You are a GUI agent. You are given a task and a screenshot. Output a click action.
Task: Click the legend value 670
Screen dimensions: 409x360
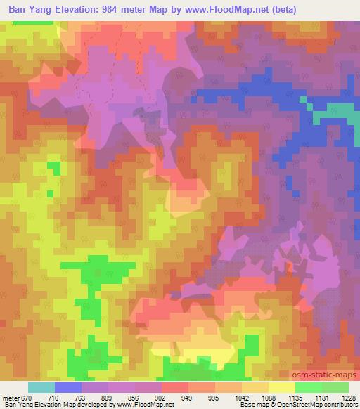pyautogui.click(x=27, y=397)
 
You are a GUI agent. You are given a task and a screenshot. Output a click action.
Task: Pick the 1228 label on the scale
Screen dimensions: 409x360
pyautogui.click(x=349, y=397)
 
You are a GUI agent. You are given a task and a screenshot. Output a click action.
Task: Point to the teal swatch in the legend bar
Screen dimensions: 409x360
pyautogui.click(x=41, y=387)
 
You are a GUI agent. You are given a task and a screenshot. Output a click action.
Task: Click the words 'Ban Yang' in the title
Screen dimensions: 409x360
pyautogui.click(x=28, y=9)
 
